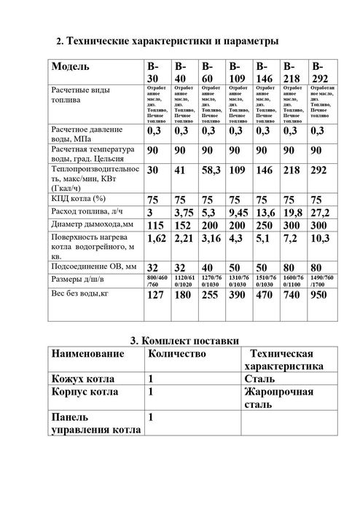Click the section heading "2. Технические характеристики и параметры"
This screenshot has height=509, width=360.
pyautogui.click(x=167, y=42)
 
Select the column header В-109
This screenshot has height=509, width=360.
pyautogui.click(x=238, y=71)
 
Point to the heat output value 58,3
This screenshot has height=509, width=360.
pyautogui.click(x=211, y=169)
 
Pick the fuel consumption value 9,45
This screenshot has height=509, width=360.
pyautogui.click(x=238, y=212)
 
